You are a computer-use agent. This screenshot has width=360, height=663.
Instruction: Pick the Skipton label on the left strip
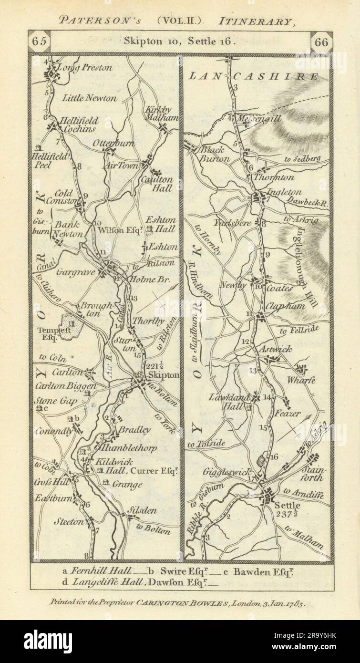coord(165,375)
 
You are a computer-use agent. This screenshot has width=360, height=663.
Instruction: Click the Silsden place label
coord(142,510)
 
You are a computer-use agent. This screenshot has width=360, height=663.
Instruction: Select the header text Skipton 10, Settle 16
coord(180,41)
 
